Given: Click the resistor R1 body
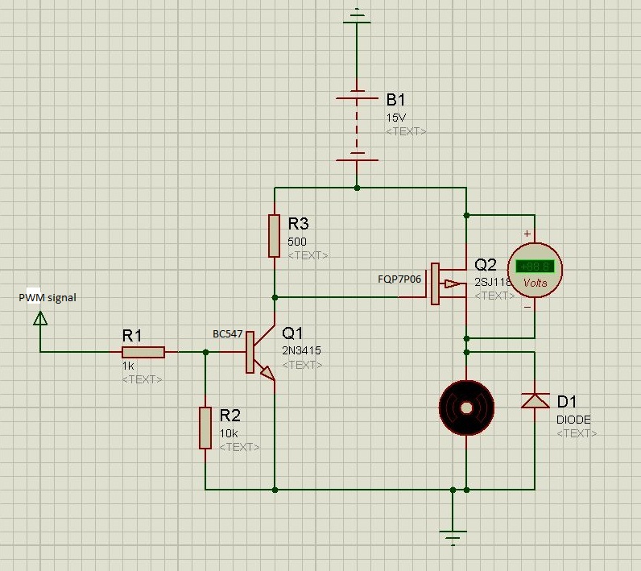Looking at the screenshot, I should point(143,352).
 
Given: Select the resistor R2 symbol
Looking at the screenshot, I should point(205,428).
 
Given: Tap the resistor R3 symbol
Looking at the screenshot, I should point(275,236).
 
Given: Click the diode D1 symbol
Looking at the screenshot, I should point(534,400).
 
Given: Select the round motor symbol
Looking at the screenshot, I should point(466,408).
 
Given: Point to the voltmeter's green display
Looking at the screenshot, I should point(534,267).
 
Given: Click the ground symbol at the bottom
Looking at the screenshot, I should point(453,534).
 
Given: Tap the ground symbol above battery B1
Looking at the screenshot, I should point(356,14).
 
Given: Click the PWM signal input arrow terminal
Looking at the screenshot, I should point(39,319).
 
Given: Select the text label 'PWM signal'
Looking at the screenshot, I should point(48,297).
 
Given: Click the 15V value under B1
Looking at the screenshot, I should point(396,117).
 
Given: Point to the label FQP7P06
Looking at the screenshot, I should point(399,279).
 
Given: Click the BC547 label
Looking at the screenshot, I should point(228,333).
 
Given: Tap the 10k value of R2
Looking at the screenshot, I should point(228,432).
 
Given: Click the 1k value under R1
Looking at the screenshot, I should point(128,365).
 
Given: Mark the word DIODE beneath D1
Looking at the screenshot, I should point(573,419).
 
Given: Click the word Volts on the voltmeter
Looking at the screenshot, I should point(535,283).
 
